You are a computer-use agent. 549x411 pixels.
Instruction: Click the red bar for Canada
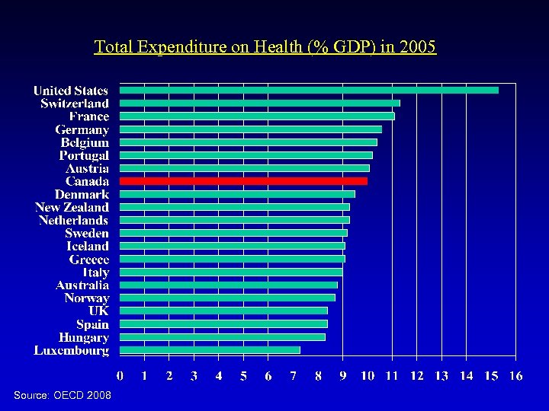[x=244, y=181]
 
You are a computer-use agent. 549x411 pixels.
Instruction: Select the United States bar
[x=310, y=90]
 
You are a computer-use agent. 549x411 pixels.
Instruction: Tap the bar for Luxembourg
[x=210, y=350]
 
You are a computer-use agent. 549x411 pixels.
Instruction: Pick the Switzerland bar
[x=260, y=103]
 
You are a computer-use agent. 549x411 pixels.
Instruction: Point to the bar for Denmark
[x=238, y=194]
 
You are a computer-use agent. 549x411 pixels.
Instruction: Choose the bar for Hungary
[x=223, y=337]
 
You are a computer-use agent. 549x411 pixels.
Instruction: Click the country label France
[x=88, y=116]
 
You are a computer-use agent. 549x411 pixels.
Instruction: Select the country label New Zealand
[x=72, y=207]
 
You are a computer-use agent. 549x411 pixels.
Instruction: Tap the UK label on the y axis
[x=98, y=311]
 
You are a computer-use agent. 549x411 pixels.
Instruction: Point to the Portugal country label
[x=84, y=155]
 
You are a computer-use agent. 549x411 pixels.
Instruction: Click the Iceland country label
[x=87, y=246]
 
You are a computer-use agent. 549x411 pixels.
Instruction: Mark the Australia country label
[x=82, y=285]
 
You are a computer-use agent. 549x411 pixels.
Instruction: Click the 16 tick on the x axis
[x=515, y=376]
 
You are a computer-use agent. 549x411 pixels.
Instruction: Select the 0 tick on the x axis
[x=120, y=376]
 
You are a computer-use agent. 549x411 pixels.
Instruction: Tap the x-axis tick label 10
[x=367, y=376]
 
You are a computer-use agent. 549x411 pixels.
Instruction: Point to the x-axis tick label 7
[x=294, y=376]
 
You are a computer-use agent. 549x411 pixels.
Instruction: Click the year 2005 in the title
[x=418, y=47]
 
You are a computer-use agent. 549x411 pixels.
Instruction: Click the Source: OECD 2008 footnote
[x=63, y=395]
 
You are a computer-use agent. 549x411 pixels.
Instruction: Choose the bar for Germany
[x=251, y=129]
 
